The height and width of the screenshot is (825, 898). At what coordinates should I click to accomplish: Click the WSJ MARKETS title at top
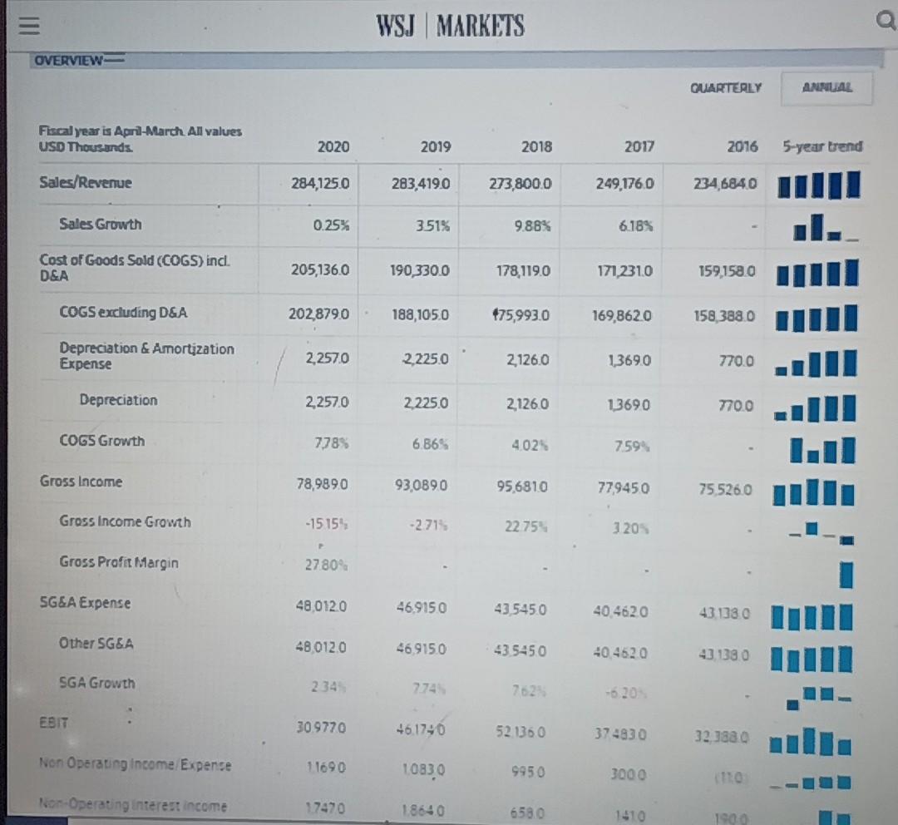451,27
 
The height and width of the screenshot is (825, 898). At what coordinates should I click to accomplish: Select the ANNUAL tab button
827,86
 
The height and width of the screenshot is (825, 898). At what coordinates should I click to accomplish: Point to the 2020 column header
333,147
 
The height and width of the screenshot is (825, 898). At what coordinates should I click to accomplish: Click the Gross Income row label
81,482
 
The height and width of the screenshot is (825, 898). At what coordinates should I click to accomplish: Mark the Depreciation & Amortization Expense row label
146,356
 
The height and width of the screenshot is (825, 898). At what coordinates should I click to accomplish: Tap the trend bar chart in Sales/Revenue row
818,185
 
